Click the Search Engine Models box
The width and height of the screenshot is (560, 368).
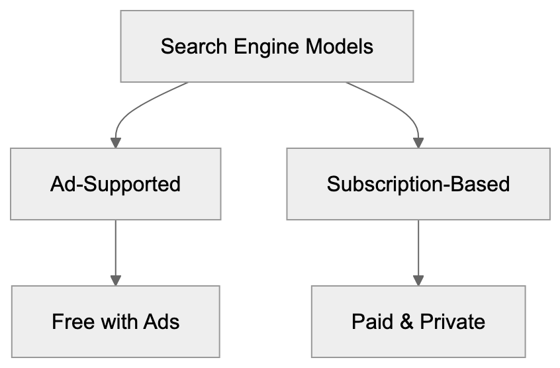pos(267,46)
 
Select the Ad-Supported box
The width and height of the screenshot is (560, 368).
pos(115,184)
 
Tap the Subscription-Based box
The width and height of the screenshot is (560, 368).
pos(418,184)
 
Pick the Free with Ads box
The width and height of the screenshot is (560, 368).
pos(115,322)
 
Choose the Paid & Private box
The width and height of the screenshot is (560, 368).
pos(418,322)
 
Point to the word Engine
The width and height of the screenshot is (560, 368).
pos(257,47)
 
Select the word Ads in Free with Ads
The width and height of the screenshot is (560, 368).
pos(162,322)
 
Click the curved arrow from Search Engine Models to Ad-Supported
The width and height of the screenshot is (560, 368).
pos(132,109)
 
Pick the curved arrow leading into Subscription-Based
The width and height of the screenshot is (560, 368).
pos(400,109)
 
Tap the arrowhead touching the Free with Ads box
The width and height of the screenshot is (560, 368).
pos(115,280)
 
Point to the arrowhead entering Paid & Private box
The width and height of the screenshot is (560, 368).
pos(418,280)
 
